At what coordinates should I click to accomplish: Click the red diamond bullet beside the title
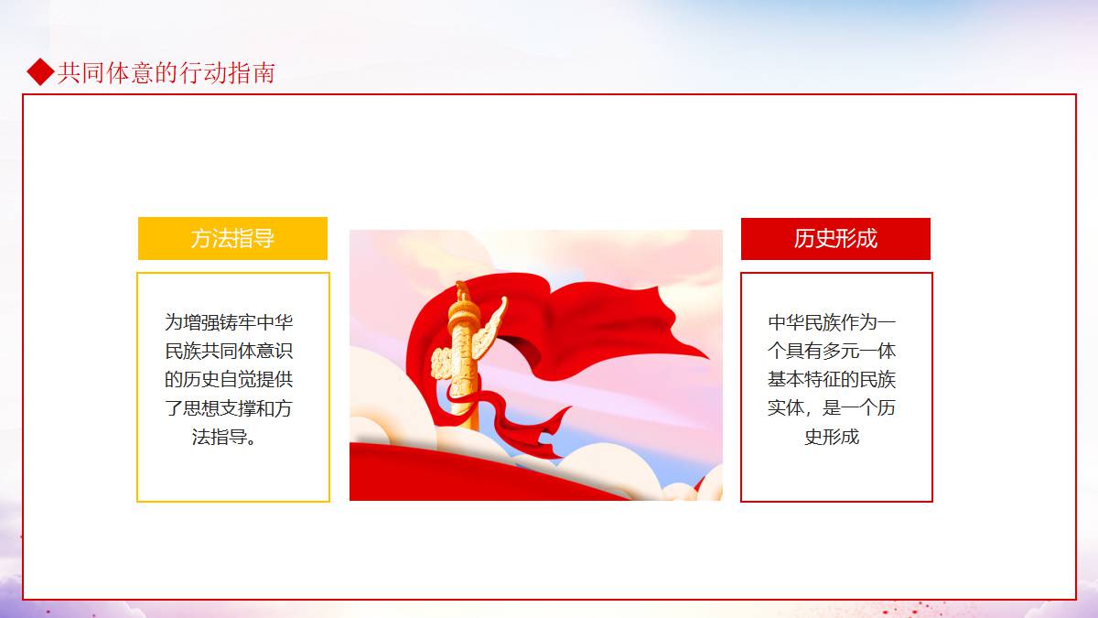[40, 72]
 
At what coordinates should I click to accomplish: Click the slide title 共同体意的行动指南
[166, 72]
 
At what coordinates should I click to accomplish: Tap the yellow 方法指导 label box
[232, 238]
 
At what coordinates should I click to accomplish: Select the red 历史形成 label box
[835, 239]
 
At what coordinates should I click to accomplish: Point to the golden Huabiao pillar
[463, 358]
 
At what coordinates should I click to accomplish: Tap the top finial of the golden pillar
[462, 292]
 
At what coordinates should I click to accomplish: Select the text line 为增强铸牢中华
[229, 322]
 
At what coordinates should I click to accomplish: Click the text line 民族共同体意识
[229, 351]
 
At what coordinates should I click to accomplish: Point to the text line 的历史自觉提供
[229, 379]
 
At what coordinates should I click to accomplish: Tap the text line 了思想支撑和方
[229, 408]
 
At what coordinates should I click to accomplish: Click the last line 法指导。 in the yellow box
[224, 437]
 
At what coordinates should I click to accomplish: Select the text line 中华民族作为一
[832, 322]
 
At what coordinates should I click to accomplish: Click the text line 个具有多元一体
[832, 351]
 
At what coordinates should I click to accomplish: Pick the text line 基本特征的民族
[832, 379]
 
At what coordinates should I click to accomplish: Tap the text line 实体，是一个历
[832, 408]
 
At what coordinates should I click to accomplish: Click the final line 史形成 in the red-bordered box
[832, 437]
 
